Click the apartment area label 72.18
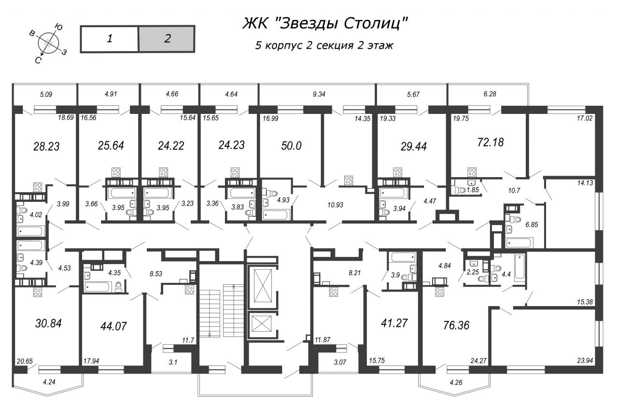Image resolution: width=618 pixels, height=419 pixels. (x=490, y=142)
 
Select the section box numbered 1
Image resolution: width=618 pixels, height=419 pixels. (x=109, y=39)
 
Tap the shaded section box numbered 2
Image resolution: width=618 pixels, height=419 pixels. (x=167, y=39)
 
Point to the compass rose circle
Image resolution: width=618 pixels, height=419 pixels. (x=49, y=43)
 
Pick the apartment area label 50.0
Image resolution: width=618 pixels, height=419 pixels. (x=291, y=146)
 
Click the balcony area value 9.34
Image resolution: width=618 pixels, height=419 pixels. (x=319, y=94)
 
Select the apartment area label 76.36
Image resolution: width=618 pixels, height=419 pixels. (x=456, y=325)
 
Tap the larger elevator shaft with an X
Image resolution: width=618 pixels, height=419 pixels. (x=263, y=286)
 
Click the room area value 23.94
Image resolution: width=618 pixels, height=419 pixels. (x=585, y=360)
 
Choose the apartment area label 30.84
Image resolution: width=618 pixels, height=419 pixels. (x=48, y=323)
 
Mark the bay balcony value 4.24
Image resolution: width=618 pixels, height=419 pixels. (x=49, y=382)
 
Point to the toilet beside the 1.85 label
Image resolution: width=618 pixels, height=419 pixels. (x=460, y=190)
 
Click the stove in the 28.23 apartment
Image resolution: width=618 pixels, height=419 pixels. (x=38, y=187)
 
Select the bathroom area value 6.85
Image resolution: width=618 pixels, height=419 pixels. (x=532, y=224)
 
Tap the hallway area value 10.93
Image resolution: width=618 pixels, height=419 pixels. (x=335, y=205)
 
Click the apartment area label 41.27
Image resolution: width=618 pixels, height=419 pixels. (x=394, y=323)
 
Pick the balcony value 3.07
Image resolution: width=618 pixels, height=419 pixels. (x=340, y=362)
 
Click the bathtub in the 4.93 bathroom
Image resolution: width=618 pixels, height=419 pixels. (x=276, y=215)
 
